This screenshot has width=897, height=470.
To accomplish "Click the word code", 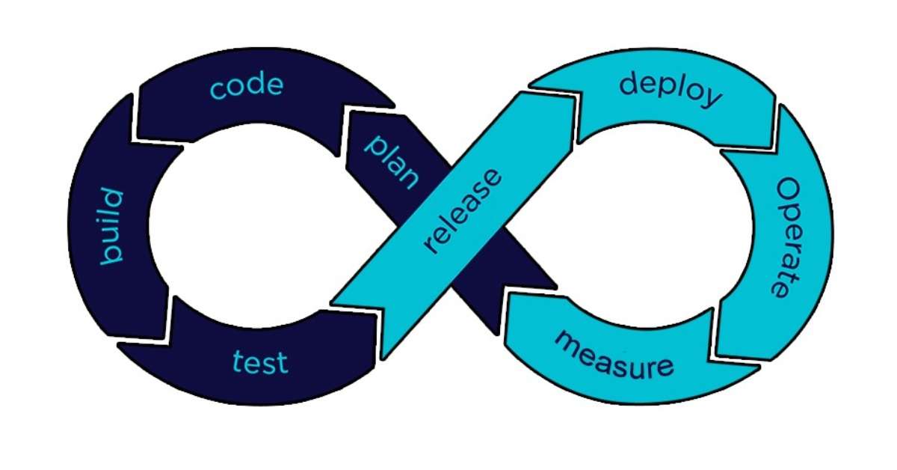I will [247, 86].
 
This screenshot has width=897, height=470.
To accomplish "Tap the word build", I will [110, 227].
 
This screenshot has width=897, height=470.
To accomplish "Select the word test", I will [259, 363].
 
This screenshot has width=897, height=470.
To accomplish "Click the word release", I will [462, 212].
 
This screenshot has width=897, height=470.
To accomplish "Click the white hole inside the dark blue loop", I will [247, 225].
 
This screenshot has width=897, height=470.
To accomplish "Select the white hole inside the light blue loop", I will [658, 225].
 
